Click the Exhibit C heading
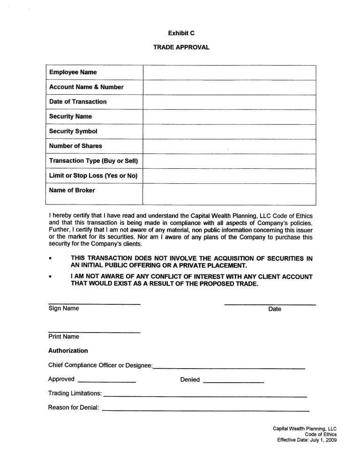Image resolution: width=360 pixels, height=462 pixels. tap(181, 33)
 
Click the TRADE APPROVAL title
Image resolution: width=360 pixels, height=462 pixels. tap(181, 47)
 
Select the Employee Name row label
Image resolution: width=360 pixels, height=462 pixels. tap(73, 72)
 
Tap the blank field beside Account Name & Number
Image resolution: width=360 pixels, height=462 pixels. tap(229, 87)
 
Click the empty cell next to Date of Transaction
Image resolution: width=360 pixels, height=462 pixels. tap(229, 102)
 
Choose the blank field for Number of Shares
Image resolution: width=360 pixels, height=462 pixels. tap(229, 146)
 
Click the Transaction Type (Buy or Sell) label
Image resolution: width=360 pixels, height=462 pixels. tap(94, 161)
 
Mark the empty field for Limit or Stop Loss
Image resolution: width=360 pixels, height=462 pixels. tap(229, 176)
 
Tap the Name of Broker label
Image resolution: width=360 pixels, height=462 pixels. tap(72, 190)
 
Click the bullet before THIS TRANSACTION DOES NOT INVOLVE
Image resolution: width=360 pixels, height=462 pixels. tap(51, 258)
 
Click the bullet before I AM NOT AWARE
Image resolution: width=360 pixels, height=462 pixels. tap(51, 277)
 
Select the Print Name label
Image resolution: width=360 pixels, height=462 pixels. tap(64, 337)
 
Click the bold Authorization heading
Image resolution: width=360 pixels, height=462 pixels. tap(68, 350)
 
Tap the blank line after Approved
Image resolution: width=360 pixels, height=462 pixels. tap(106, 383)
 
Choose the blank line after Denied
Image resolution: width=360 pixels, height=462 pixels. tap(233, 383)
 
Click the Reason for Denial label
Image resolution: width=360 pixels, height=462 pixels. tap(74, 408)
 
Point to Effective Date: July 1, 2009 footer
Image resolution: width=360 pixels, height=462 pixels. tap(307, 440)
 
